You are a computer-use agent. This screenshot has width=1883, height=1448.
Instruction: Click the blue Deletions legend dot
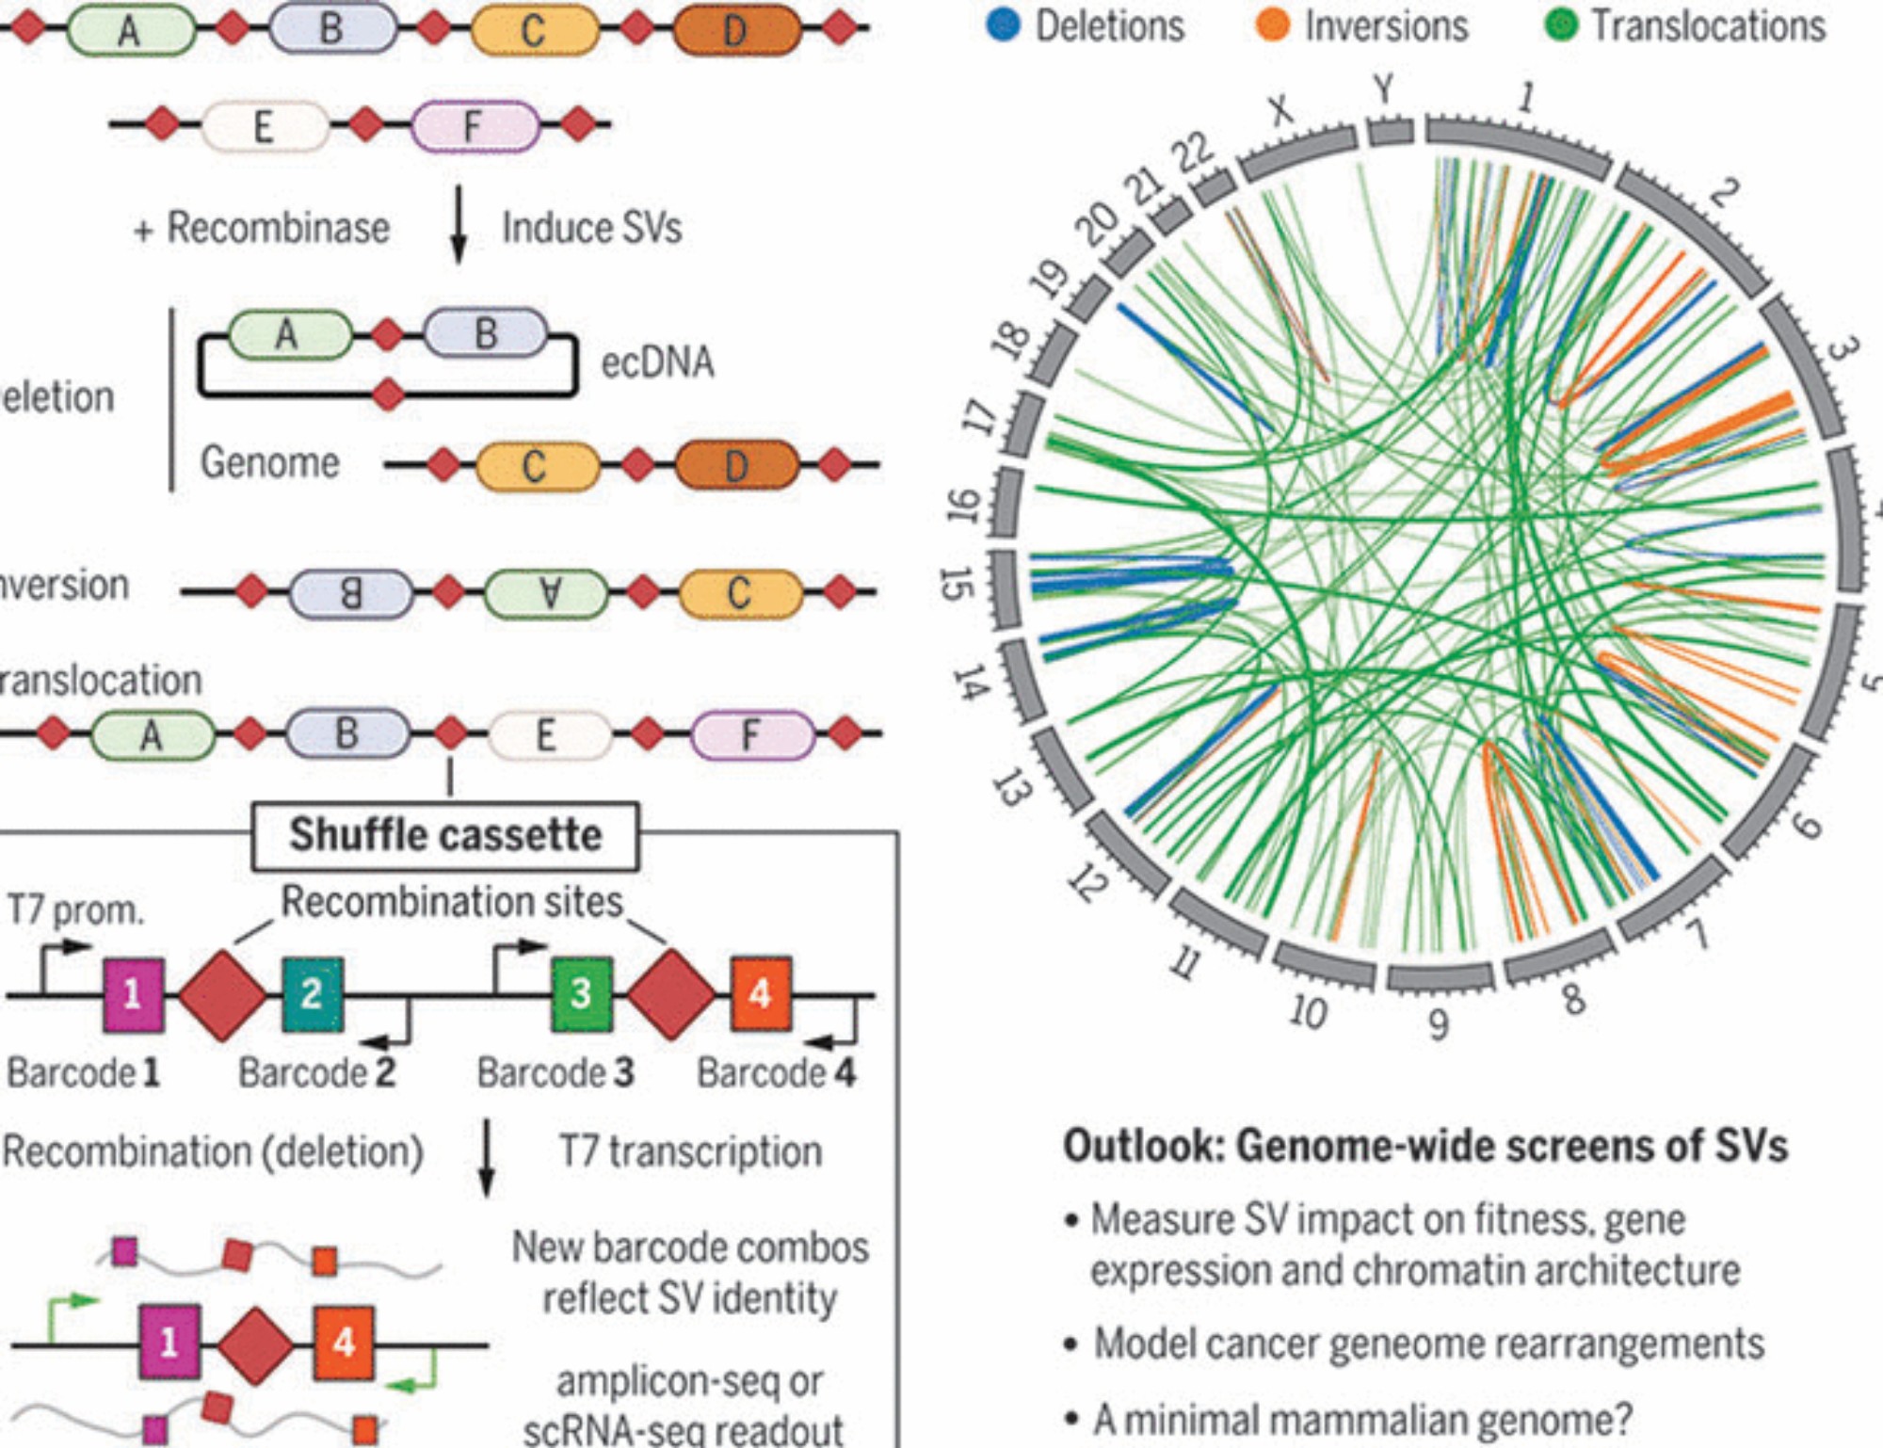tap(1004, 25)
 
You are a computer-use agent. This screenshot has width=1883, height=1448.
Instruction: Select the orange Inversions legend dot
tap(1273, 25)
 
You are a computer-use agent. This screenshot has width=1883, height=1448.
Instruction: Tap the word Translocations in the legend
tap(1708, 25)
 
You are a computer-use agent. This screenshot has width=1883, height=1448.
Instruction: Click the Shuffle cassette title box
tap(445, 835)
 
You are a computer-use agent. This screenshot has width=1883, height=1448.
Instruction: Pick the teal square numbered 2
tap(312, 993)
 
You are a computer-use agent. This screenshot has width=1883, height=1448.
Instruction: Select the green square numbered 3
tap(581, 993)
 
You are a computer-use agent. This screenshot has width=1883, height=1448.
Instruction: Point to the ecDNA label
tap(657, 362)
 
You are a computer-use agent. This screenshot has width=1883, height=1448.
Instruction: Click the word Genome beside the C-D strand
tap(269, 462)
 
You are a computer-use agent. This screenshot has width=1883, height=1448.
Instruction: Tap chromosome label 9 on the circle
tap(1438, 1024)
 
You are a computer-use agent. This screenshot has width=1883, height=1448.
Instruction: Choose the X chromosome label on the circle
tap(1280, 110)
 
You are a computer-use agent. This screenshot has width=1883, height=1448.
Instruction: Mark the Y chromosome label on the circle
tap(1383, 89)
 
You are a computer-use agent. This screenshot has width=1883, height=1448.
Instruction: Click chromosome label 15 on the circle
tap(956, 584)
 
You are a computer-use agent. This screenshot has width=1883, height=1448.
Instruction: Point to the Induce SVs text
tap(591, 228)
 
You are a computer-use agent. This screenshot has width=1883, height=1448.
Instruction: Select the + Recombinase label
tap(262, 228)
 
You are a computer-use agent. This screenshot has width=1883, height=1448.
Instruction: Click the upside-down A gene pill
tap(547, 593)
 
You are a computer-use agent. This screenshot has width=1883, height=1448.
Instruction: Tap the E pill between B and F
tap(546, 735)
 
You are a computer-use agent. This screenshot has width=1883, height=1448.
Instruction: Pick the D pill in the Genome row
tap(736, 465)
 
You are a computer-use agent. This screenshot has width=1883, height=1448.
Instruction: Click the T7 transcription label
tap(690, 1151)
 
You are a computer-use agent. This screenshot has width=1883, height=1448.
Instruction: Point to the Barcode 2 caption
tap(316, 1072)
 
